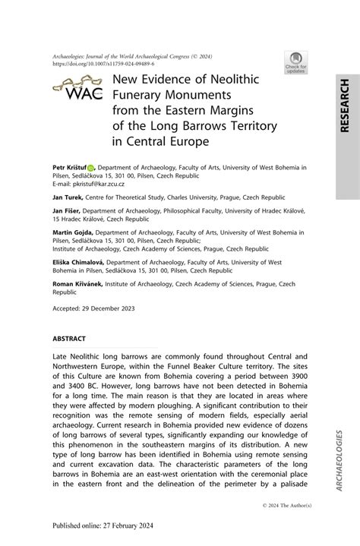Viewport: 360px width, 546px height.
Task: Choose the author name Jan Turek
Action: tap(64, 196)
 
